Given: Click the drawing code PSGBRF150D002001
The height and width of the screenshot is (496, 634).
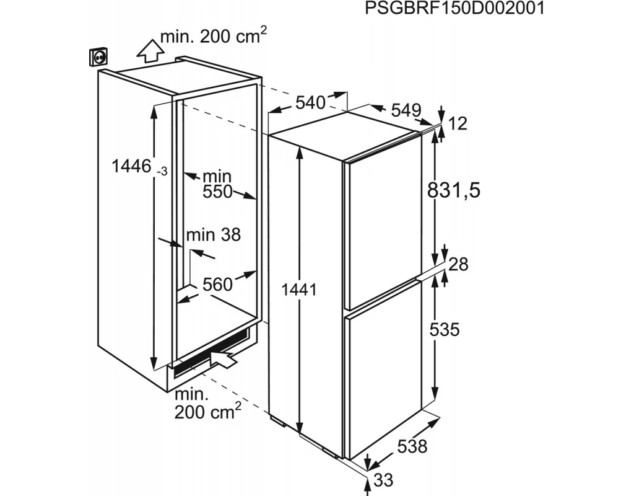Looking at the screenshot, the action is pos(454,8).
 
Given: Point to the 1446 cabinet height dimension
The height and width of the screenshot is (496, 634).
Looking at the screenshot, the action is pos(131,166).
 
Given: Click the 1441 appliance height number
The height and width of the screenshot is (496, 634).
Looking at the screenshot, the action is pos(299,290).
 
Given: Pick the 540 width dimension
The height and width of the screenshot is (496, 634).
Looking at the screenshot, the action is pos(310,103).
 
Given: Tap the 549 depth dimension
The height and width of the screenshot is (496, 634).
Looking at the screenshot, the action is pos(406,110).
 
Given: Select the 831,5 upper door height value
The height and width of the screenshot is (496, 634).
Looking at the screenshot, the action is pos(454,190).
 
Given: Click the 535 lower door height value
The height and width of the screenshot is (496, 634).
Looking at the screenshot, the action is pos(445,330).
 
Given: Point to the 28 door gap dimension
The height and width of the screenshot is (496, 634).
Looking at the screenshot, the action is pos(459,264).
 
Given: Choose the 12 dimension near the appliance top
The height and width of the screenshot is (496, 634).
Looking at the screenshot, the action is pos(458,123).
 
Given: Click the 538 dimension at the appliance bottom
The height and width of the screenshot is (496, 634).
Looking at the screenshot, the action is pos(412,446).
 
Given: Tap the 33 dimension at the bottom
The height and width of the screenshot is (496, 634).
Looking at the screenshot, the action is pos(383,480).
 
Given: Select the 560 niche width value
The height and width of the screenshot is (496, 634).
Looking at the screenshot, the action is pos(217,285).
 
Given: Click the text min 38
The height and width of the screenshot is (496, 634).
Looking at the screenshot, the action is pos(214,235).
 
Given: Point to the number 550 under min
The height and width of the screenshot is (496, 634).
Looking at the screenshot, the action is pos(217,192).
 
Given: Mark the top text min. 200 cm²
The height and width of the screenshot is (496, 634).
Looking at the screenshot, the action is pos(214,36).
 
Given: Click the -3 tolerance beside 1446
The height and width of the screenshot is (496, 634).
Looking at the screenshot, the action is pos(162,172).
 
